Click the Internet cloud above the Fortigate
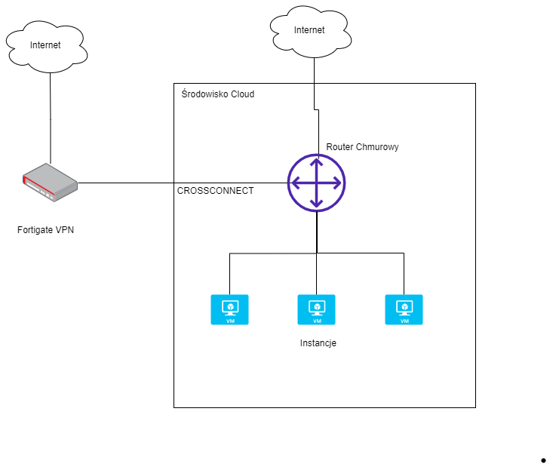click(x=47, y=47)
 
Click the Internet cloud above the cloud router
click(x=311, y=32)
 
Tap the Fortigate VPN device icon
click(x=50, y=183)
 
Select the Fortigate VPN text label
click(x=45, y=230)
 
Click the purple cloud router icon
click(x=317, y=183)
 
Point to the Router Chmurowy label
click(x=362, y=147)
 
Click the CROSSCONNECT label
click(x=215, y=191)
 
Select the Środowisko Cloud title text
click(x=218, y=94)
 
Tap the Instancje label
click(x=318, y=343)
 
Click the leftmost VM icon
click(x=229, y=309)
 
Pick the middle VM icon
click(x=317, y=309)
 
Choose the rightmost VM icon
click(x=404, y=309)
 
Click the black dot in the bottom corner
click(x=543, y=461)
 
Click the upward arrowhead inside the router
click(x=317, y=162)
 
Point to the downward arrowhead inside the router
click(x=317, y=204)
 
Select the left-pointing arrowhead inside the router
click(x=296, y=183)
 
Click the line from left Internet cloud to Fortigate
click(x=51, y=118)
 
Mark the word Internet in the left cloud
click(x=45, y=45)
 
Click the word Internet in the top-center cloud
click(x=309, y=30)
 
